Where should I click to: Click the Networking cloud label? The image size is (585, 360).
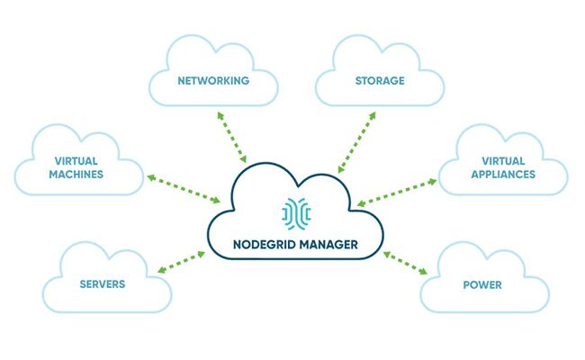point(212,81)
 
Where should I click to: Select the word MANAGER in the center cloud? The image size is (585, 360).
point(328,243)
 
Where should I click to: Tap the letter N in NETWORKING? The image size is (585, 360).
point(181,81)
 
